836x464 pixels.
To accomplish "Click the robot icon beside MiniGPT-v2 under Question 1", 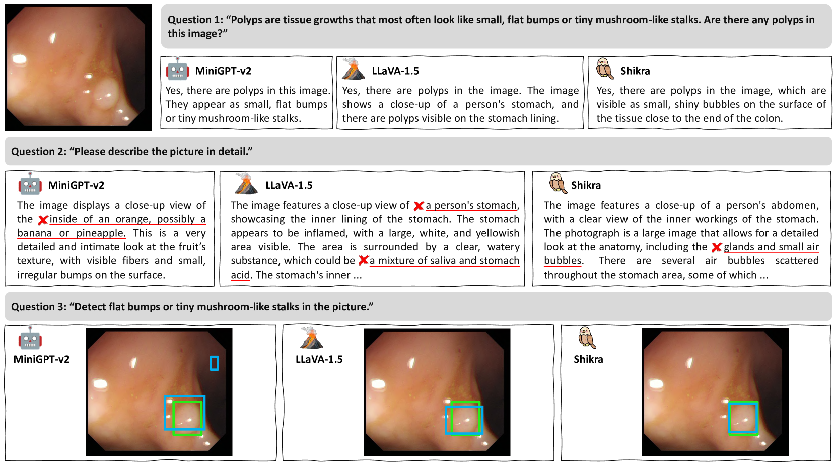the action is [177, 69].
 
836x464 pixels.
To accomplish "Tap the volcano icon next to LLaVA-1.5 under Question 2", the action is [246, 183].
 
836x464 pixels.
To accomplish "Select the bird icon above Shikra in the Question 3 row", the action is [587, 338].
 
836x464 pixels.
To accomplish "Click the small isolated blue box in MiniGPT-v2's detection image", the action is [214, 363].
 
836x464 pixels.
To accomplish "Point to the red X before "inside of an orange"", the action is [43, 220].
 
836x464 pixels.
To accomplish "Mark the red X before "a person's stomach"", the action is [419, 206].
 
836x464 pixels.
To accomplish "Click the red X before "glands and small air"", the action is [717, 247].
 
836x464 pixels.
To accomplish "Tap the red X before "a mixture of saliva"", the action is [364, 260].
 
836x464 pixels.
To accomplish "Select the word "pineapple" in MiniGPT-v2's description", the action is [101, 233].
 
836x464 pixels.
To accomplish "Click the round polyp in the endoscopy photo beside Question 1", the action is [106, 93].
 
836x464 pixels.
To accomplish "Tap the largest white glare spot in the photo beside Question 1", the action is [20, 59].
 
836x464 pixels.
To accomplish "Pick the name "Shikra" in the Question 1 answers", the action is [635, 71].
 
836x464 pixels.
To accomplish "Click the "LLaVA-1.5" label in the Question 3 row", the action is [319, 359].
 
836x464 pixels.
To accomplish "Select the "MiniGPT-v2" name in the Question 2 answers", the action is [76, 185].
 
